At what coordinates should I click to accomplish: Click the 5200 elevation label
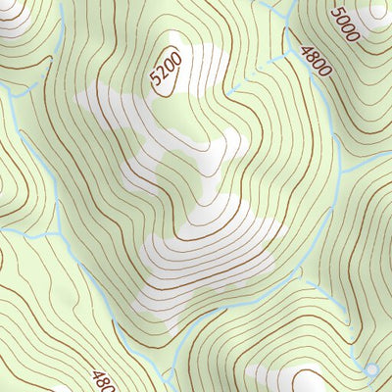click(168, 72)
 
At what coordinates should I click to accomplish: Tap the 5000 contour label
click(345, 24)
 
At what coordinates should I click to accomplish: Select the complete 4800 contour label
click(316, 60)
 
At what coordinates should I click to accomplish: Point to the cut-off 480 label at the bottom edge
click(104, 379)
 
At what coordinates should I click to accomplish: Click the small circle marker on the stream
click(370, 370)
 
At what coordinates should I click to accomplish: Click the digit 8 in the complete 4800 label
click(312, 55)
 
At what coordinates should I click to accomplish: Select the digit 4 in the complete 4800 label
click(306, 48)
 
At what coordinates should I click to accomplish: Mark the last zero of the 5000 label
click(353, 36)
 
